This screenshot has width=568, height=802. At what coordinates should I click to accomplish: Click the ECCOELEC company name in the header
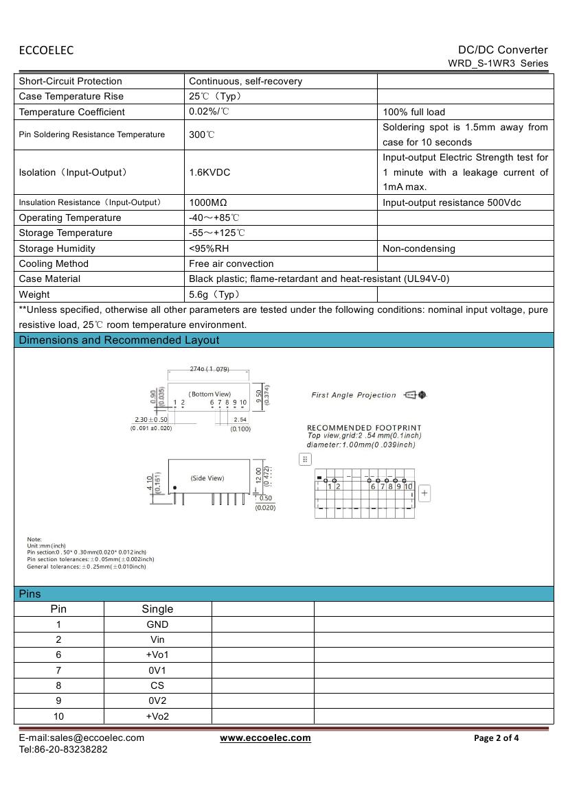(x=46, y=50)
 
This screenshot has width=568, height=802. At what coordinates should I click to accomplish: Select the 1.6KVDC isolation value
(x=209, y=172)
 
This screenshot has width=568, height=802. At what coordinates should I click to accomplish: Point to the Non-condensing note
(x=418, y=248)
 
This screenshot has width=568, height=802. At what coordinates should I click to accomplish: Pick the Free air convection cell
(x=231, y=263)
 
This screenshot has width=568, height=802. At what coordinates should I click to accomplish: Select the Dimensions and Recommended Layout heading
(x=119, y=340)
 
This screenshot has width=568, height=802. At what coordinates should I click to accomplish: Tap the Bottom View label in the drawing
(x=210, y=394)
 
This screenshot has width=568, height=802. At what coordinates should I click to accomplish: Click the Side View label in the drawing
(x=207, y=478)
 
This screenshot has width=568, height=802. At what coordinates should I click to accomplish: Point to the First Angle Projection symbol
(x=416, y=395)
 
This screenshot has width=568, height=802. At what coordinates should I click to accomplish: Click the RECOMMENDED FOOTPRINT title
(x=364, y=428)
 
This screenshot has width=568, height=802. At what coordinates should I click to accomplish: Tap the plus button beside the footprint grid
(x=424, y=493)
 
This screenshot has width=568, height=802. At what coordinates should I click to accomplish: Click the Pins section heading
(x=30, y=594)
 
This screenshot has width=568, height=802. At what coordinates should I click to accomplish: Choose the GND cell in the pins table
(x=157, y=624)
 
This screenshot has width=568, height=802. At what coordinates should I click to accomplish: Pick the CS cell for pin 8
(x=157, y=685)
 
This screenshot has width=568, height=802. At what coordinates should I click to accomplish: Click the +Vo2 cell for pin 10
(x=157, y=716)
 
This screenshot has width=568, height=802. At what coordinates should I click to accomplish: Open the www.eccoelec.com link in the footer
(x=265, y=738)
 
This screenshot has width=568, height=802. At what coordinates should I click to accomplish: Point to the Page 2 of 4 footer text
(x=497, y=738)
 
